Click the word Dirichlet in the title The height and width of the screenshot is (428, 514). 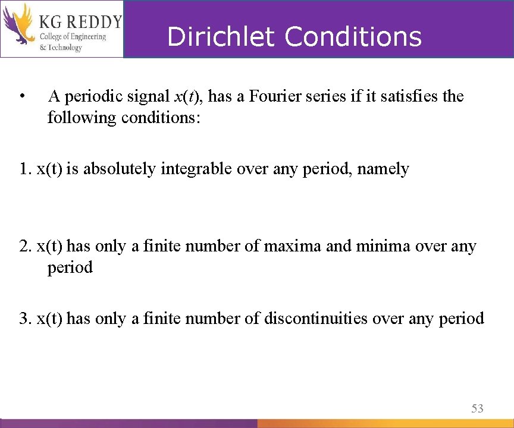coord(221,37)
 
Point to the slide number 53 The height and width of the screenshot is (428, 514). coord(477,408)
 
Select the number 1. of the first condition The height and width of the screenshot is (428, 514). coord(25,169)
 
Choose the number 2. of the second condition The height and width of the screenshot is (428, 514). coord(26,246)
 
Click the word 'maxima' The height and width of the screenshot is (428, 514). coord(294,246)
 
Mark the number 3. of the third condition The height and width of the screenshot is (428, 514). coord(25,319)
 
